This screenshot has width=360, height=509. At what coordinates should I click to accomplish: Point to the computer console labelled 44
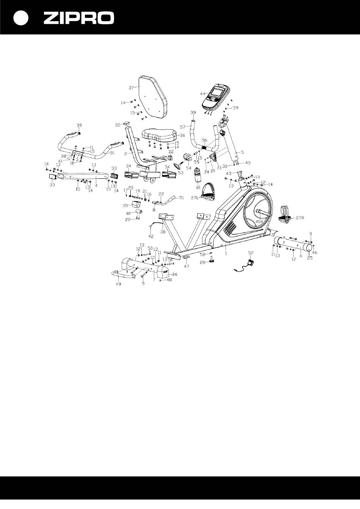click(215, 96)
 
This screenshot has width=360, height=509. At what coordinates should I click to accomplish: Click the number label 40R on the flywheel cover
click(260, 221)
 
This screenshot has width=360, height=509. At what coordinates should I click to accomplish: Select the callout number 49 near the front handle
click(118, 284)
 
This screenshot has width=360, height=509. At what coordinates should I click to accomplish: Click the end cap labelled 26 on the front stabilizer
click(164, 272)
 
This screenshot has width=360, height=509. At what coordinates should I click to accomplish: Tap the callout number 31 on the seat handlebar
click(112, 153)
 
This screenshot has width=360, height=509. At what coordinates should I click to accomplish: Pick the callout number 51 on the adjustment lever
click(181, 197)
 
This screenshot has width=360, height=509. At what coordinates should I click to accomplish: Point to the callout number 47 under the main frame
click(186, 267)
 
